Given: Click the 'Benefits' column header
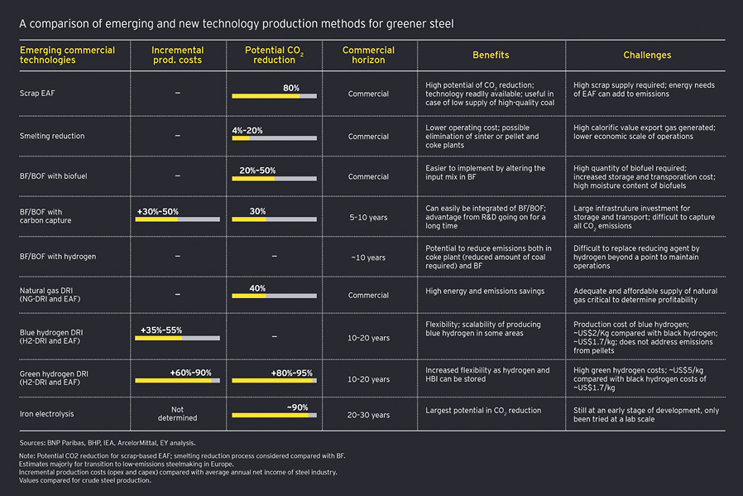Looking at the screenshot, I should [x=491, y=55].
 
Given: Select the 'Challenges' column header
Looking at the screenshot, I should [x=647, y=55].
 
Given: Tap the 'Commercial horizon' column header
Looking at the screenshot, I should [x=368, y=55].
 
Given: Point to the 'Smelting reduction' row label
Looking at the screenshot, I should [x=52, y=136].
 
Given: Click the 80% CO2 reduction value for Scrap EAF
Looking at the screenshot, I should [x=291, y=88].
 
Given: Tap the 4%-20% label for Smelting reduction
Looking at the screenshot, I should [x=247, y=130].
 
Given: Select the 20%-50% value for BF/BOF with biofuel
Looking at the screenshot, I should [x=257, y=170].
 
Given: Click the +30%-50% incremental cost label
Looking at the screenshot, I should [x=157, y=211].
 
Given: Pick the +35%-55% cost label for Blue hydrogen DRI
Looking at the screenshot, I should [x=161, y=330].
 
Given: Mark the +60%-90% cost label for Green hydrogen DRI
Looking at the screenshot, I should [x=190, y=373].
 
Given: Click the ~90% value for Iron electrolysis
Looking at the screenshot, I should [x=297, y=407].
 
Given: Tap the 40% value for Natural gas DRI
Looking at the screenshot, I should [x=257, y=288].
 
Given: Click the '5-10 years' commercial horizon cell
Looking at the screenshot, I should [x=368, y=217].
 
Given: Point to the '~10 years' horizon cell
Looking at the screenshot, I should [x=368, y=258].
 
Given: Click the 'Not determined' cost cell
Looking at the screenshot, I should [x=177, y=413].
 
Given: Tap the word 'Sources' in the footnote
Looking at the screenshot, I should [x=32, y=444].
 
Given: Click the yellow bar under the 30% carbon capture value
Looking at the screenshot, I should [x=248, y=219].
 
